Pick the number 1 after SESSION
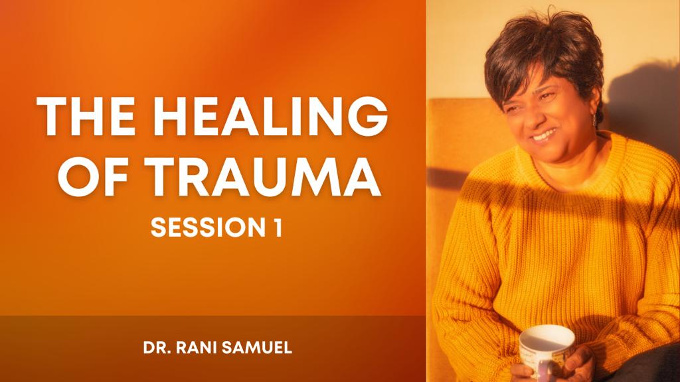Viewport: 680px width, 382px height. point(277,227)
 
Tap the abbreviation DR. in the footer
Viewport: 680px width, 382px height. point(157,348)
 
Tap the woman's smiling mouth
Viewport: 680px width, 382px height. point(543,136)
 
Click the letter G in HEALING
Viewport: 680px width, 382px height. point(365,116)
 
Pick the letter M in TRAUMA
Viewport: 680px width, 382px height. point(313,176)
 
